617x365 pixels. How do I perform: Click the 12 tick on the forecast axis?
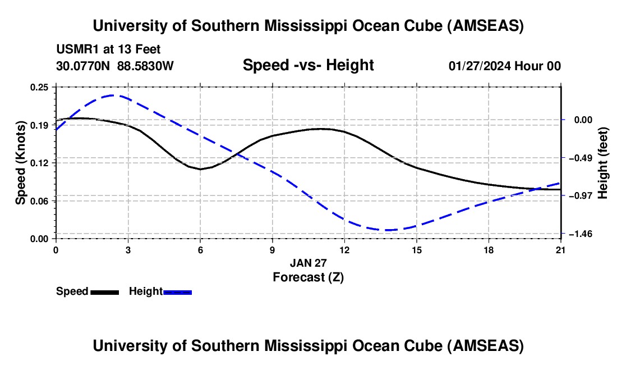[x=344, y=249]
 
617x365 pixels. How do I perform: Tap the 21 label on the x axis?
[x=560, y=249]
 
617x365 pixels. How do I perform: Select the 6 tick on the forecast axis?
[x=200, y=249]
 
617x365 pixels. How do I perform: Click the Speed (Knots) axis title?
[x=20, y=163]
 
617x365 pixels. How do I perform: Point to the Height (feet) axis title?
[x=603, y=163]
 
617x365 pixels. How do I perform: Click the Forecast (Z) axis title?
[x=308, y=277]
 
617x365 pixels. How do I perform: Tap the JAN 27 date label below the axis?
[x=308, y=263]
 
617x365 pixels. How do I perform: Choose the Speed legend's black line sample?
[x=104, y=291]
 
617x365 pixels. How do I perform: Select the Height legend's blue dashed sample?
[x=178, y=291]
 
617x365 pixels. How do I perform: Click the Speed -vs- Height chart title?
[x=308, y=66]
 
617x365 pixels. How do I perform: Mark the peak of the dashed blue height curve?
[x=113, y=95]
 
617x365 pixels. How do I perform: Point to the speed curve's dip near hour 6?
[x=200, y=168]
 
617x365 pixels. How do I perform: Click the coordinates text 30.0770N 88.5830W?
[x=115, y=66]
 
